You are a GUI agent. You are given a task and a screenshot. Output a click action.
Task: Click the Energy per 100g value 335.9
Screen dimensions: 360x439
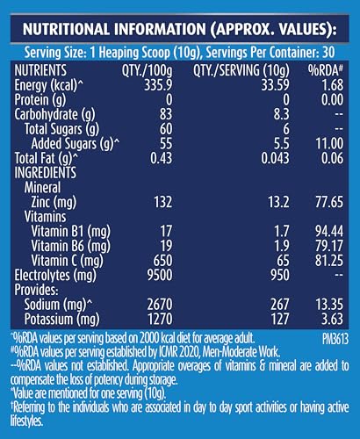[158, 85]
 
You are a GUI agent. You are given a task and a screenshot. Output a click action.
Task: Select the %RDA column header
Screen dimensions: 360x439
[325, 70]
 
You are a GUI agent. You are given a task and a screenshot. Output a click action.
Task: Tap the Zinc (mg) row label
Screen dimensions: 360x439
[54, 203]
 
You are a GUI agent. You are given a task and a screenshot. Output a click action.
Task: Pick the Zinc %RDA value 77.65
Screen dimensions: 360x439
[329, 202]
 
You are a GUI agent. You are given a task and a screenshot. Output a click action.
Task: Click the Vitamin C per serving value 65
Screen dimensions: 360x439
[282, 261]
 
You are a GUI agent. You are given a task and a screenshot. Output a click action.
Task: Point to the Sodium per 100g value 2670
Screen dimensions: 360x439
[160, 305]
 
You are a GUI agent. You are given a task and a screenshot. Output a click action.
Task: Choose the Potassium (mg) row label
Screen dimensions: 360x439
[61, 320]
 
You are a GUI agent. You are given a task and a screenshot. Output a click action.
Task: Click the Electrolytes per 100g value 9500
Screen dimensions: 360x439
[160, 276]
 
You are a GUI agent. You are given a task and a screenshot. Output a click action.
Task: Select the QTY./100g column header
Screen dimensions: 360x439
[148, 71]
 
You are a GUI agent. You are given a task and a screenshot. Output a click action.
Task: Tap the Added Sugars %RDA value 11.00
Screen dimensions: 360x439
[329, 144]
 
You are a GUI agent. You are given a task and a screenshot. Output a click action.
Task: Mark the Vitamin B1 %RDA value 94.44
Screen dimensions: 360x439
[329, 232]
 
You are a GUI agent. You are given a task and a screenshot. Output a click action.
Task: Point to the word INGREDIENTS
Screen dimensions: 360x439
[46, 173]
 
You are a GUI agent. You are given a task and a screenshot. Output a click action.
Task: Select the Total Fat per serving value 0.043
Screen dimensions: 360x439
[275, 158]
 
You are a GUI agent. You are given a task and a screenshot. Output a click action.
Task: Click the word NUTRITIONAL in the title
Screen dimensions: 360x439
[66, 29]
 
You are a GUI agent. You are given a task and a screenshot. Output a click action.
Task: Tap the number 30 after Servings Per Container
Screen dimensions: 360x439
[328, 53]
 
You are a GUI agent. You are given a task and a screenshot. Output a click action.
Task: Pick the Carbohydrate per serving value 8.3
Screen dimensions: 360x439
[282, 114]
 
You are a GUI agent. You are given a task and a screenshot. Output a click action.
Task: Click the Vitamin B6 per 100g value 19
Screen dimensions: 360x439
[166, 246]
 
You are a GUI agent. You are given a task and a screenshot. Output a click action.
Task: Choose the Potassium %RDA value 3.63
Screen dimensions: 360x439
[332, 320]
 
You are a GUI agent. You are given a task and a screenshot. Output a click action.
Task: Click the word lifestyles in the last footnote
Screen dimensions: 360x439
[26, 421]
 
